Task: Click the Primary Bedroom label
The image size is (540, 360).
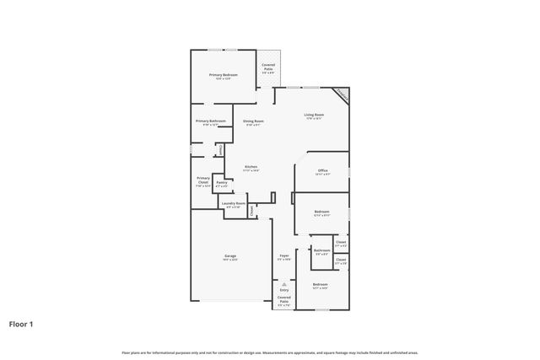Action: pyautogui.click(x=224, y=75)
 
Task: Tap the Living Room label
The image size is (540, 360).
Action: pyautogui.click(x=316, y=116)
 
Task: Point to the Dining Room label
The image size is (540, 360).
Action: pyautogui.click(x=254, y=121)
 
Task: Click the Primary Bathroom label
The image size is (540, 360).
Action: pyautogui.click(x=210, y=121)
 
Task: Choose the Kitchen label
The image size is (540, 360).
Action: pyautogui.click(x=251, y=167)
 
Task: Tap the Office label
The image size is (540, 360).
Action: pyautogui.click(x=322, y=170)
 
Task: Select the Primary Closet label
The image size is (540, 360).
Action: pyautogui.click(x=202, y=180)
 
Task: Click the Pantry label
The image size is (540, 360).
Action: pyautogui.click(x=221, y=182)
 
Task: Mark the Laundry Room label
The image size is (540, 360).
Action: pyautogui.click(x=234, y=203)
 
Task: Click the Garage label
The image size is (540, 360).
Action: pyautogui.click(x=229, y=255)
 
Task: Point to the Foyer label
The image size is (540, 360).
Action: pyautogui.click(x=284, y=255)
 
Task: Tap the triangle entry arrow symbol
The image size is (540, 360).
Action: pyautogui.click(x=284, y=284)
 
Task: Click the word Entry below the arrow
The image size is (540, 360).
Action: pyautogui.click(x=284, y=290)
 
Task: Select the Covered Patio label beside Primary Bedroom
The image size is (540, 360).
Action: pyautogui.click(x=267, y=65)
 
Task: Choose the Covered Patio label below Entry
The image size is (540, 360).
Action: pyautogui.click(x=284, y=298)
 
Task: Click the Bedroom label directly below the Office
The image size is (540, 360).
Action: pyautogui.click(x=322, y=212)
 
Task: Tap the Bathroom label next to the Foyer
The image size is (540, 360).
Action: pyautogui.click(x=321, y=250)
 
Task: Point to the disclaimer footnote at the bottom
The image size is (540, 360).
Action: pyautogui.click(x=270, y=352)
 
